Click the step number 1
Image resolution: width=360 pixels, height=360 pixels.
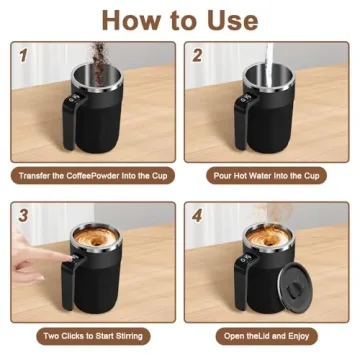[23, 57]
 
